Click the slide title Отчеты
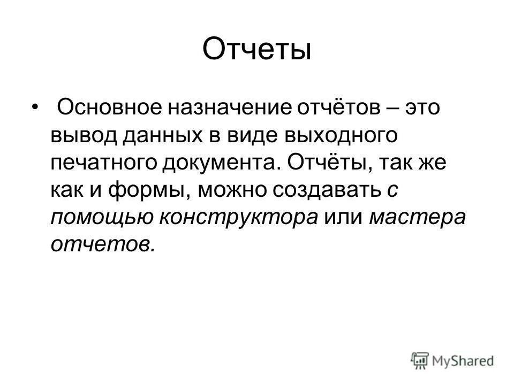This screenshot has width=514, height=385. coord(257,49)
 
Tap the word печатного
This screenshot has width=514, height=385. coord(103,163)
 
